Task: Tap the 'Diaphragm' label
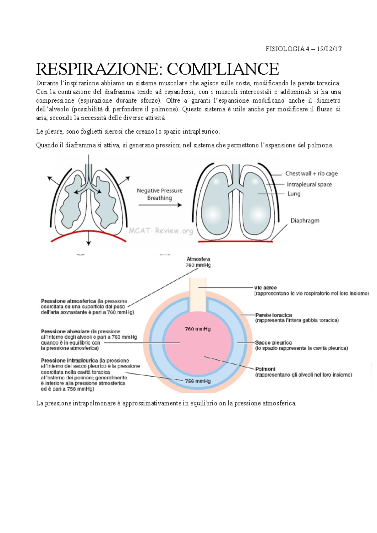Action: pyautogui.click(x=305, y=221)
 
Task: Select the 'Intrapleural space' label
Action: pyautogui.click(x=309, y=184)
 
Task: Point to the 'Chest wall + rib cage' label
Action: pyautogui.click(x=311, y=173)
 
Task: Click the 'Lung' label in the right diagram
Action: pyautogui.click(x=294, y=194)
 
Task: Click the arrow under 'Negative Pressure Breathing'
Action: pyautogui.click(x=160, y=205)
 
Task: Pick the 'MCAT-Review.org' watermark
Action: pyautogui.click(x=161, y=231)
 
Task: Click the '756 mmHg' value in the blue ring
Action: pyautogui.click(x=198, y=381)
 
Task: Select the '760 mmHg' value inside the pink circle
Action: pyautogui.click(x=198, y=329)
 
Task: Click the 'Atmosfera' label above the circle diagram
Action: pyautogui.click(x=198, y=259)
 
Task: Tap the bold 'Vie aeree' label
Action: pyautogui.click(x=266, y=288)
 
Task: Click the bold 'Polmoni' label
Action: pyautogui.click(x=265, y=369)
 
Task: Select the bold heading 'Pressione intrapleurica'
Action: pyautogui.click(x=69, y=361)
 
